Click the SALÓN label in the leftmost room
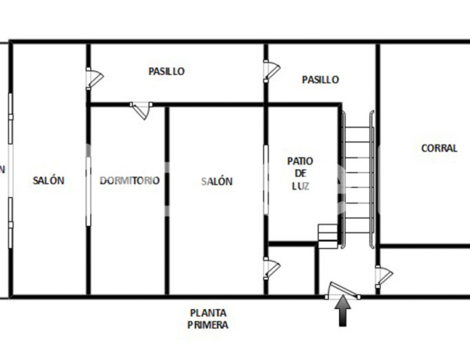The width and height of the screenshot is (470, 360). click(49, 181)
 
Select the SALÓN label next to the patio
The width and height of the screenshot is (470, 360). click(217, 182)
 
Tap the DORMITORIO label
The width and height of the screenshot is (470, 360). click(129, 181)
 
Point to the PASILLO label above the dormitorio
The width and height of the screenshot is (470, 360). click(166, 71)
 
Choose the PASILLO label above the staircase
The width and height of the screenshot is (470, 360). click(320, 79)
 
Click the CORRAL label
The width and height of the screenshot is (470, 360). click(439, 148)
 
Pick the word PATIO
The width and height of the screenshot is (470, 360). click(300, 160)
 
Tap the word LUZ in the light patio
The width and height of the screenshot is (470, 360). click(301, 185)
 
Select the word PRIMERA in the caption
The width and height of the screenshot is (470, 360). click(208, 325)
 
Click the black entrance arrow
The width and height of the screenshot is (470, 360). click(342, 314)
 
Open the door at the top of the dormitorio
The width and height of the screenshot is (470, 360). click(142, 109)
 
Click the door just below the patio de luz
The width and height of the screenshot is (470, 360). click(271, 268)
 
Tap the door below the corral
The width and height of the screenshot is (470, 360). click(383, 275)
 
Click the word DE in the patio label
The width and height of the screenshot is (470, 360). click(301, 173)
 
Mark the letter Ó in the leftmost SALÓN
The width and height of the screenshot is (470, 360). click(54, 181)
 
